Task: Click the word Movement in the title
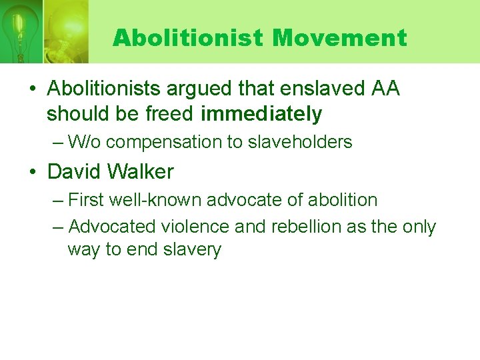[339, 38]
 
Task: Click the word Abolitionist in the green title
[188, 38]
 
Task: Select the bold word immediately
[261, 115]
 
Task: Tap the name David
[73, 172]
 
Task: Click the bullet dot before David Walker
[33, 173]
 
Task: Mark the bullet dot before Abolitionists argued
[33, 89]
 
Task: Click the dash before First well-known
[58, 200]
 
